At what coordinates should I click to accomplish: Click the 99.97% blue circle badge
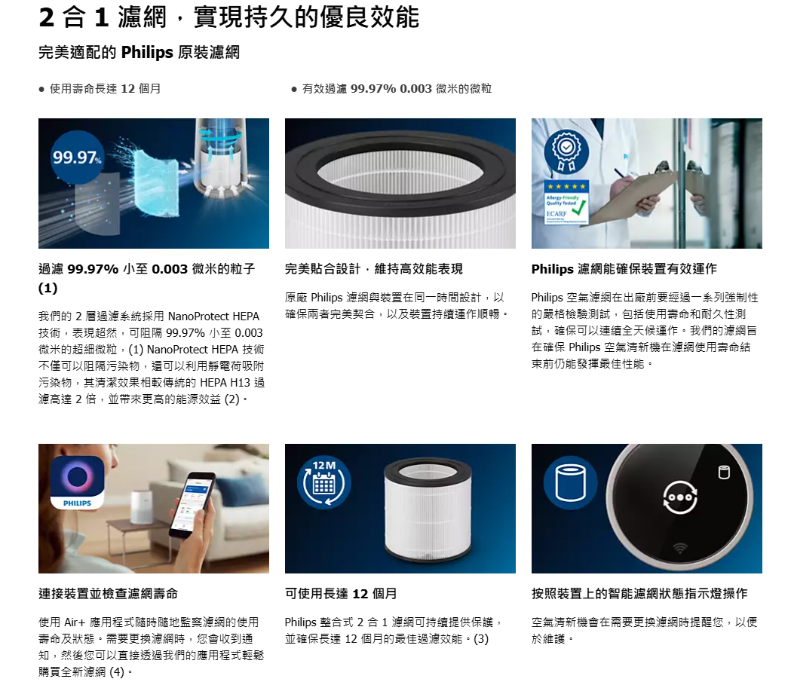[x=77, y=157]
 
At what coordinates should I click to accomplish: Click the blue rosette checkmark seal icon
[x=566, y=151]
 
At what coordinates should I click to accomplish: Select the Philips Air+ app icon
[x=77, y=482]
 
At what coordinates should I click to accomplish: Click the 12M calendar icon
[x=323, y=482]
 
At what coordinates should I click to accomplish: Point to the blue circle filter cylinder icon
[x=571, y=482]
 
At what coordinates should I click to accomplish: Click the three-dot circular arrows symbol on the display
[x=680, y=497]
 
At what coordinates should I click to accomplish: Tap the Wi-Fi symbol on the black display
[x=680, y=548]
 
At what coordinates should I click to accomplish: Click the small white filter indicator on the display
[x=724, y=472]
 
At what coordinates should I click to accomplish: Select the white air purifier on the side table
[x=140, y=508]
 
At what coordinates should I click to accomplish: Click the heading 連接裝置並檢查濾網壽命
[x=109, y=594]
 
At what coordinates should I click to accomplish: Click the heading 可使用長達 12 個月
[x=341, y=594]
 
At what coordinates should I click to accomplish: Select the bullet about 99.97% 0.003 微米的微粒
[x=391, y=89]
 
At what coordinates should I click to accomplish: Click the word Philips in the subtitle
[x=147, y=53]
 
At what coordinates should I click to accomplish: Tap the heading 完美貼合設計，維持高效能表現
[x=374, y=269]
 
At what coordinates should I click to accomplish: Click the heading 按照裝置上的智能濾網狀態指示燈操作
[x=639, y=594]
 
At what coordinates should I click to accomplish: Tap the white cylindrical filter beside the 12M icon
[x=428, y=510]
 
